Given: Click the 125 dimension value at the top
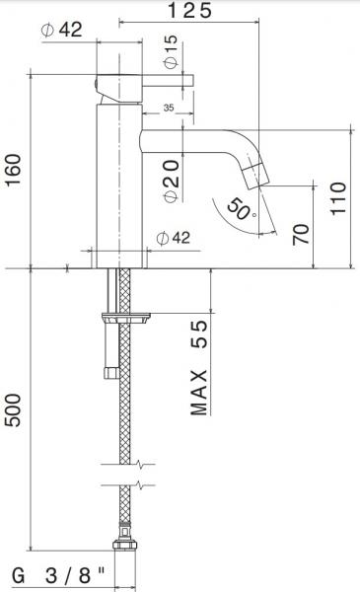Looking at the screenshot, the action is pyautogui.click(x=189, y=10).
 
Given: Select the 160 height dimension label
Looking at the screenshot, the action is pyautogui.click(x=13, y=170).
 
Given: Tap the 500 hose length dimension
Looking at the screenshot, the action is pyautogui.click(x=13, y=410).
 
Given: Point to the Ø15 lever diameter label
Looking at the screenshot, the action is pyautogui.click(x=171, y=51).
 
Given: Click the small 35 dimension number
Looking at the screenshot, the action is pyautogui.click(x=169, y=108).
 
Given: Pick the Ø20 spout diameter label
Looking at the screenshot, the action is pyautogui.click(x=172, y=181).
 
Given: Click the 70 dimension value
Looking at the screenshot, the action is pyautogui.click(x=301, y=234).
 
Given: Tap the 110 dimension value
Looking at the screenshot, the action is pyautogui.click(x=338, y=198).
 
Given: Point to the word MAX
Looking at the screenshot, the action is pyautogui.click(x=199, y=393).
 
